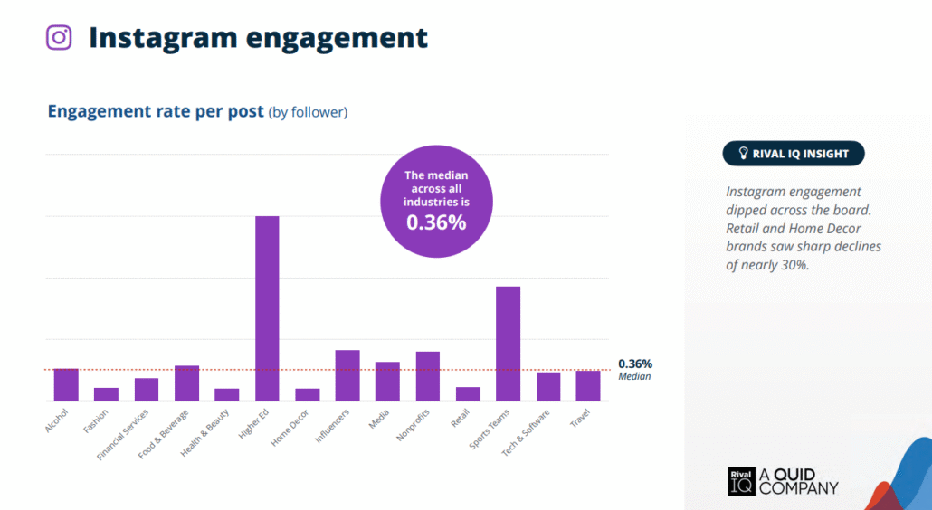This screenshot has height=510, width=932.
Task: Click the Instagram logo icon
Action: pos(60,37)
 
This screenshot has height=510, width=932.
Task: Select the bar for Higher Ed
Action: pos(267,307)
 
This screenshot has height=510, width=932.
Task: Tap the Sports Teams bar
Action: pos(508,343)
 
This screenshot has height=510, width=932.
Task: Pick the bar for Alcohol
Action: pos(66,384)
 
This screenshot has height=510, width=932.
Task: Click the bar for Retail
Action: pos(468,393)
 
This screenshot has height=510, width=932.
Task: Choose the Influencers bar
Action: pos(347,375)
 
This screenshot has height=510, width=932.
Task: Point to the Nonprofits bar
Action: pos(428,376)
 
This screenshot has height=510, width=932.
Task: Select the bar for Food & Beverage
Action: pos(186,382)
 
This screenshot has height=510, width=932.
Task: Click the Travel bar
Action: pos(588,385)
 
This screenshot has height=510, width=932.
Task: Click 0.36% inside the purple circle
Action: pos(436,222)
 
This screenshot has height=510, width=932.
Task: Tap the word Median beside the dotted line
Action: pos(634,376)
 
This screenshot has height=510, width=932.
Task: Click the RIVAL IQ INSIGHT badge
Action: pos(794,154)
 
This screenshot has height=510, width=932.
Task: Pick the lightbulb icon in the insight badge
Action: pos(744,154)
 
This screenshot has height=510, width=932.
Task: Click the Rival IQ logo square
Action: pos(740,481)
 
